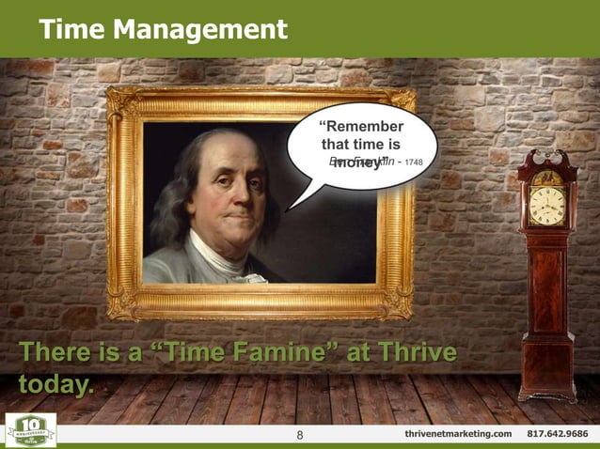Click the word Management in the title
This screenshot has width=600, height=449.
199,30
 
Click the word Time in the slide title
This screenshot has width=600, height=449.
71,30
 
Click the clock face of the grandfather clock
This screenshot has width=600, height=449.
546,204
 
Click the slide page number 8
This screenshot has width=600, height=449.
299,434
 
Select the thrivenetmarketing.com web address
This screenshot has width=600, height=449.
458,434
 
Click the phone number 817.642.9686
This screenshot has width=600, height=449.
558,434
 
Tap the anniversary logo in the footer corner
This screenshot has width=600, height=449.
30,429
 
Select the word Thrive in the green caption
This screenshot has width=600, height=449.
415,354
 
